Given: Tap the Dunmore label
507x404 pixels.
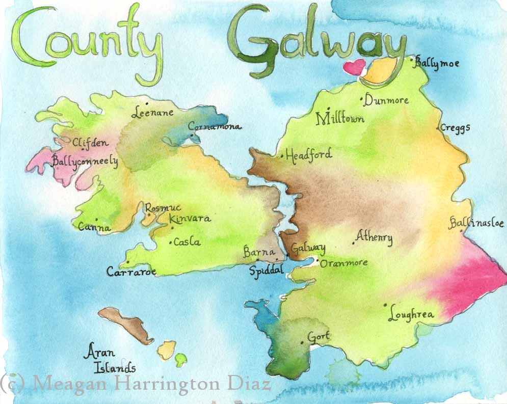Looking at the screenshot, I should [387, 100].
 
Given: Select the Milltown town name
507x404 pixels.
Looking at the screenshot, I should [340, 118].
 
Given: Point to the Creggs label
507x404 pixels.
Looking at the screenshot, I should [455, 127].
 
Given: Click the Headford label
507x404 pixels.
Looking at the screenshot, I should [308, 154].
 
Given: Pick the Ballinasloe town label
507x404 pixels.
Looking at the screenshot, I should [476, 223].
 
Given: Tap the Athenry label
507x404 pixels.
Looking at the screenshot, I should [375, 237].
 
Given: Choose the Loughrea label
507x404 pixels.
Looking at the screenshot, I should [411, 314].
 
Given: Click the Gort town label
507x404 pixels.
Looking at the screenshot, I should [319, 337].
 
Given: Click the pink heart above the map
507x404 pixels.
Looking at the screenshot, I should [355, 67].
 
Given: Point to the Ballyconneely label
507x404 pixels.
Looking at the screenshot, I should [85, 162].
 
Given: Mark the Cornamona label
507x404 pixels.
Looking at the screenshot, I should [215, 126].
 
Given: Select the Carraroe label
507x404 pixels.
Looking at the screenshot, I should [131, 272].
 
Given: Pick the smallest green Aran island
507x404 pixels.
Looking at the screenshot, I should [180, 360].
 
